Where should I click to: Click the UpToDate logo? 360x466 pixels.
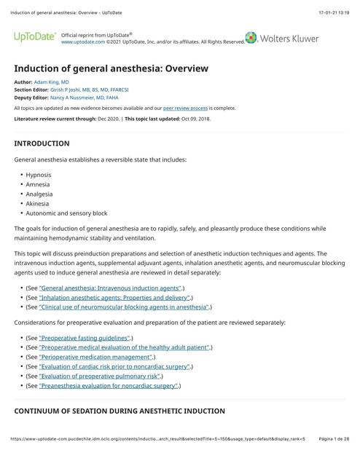pyautogui.click(x=34, y=37)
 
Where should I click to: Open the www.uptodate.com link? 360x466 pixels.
pyautogui.click(x=82, y=42)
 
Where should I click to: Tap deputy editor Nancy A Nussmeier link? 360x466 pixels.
pyautogui.click(x=85, y=96)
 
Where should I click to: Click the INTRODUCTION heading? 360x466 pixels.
pyautogui.click(x=42, y=143)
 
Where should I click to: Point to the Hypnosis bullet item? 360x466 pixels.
pyautogui.click(x=39, y=175)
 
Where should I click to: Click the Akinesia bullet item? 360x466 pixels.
pyautogui.click(x=38, y=204)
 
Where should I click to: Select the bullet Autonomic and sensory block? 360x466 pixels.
pyautogui.click(x=66, y=213)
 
